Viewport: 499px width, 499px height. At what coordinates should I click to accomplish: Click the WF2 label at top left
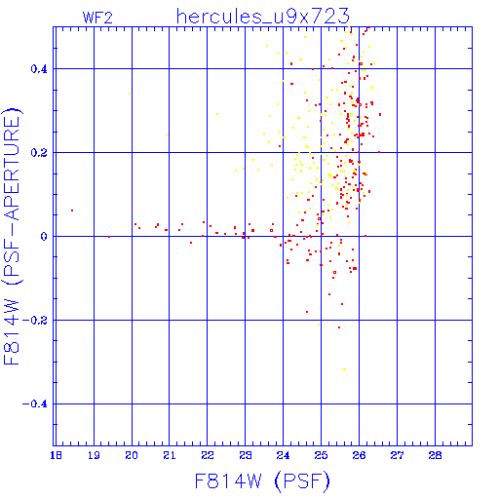click(97, 18)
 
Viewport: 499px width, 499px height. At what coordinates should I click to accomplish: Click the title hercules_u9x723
click(262, 17)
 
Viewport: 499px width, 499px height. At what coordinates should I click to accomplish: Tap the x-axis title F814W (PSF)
click(262, 481)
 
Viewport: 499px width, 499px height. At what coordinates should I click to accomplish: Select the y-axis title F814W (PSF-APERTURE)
click(12, 236)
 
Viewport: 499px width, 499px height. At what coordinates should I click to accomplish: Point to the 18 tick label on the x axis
click(56, 455)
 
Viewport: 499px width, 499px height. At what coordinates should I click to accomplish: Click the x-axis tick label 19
click(94, 455)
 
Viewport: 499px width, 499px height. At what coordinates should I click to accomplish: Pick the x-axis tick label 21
click(170, 455)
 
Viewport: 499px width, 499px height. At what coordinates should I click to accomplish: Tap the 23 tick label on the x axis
click(246, 455)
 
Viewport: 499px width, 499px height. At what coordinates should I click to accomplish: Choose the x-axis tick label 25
click(321, 455)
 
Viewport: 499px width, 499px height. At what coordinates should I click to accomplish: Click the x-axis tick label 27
click(397, 455)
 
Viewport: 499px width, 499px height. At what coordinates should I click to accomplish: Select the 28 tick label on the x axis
click(435, 455)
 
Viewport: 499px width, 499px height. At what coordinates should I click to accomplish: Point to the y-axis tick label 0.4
click(39, 69)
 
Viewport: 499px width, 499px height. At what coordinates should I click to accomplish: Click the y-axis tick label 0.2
click(39, 153)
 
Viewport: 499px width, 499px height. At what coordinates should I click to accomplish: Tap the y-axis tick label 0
click(44, 237)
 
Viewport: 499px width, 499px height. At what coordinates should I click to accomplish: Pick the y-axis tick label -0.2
click(35, 321)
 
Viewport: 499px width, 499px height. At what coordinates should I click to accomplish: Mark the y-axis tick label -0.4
click(35, 404)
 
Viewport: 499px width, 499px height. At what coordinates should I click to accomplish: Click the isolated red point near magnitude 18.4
click(72, 211)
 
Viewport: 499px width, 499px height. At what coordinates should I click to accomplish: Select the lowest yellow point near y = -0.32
click(344, 369)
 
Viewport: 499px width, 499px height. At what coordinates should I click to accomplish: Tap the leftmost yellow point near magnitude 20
click(130, 94)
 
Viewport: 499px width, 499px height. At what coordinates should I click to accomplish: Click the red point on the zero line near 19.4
click(109, 237)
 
